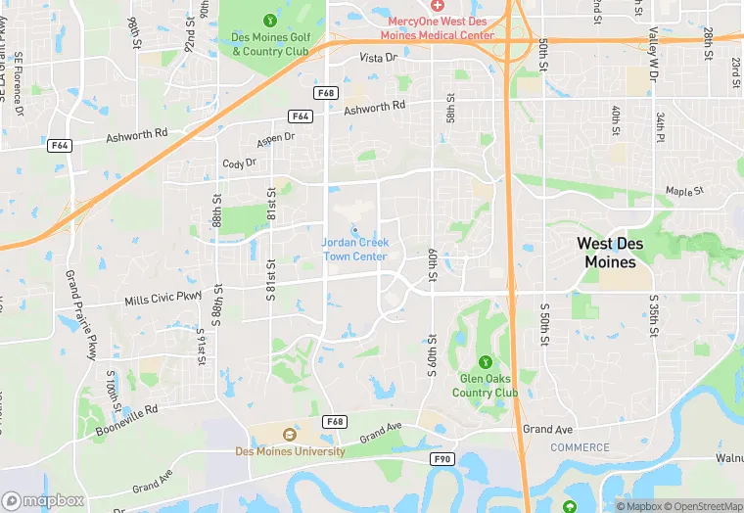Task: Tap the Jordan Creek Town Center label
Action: pyautogui.click(x=354, y=250)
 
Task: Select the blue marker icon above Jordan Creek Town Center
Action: pyautogui.click(x=354, y=230)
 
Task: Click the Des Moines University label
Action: pyautogui.click(x=290, y=451)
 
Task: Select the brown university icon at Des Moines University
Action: pyautogui.click(x=289, y=435)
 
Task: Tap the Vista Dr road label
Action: pyautogui.click(x=379, y=59)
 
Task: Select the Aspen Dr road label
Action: pyautogui.click(x=275, y=140)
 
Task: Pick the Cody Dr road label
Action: pyautogui.click(x=238, y=164)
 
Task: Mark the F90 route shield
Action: pyautogui.click(x=442, y=458)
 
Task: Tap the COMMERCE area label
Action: pyautogui.click(x=580, y=448)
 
